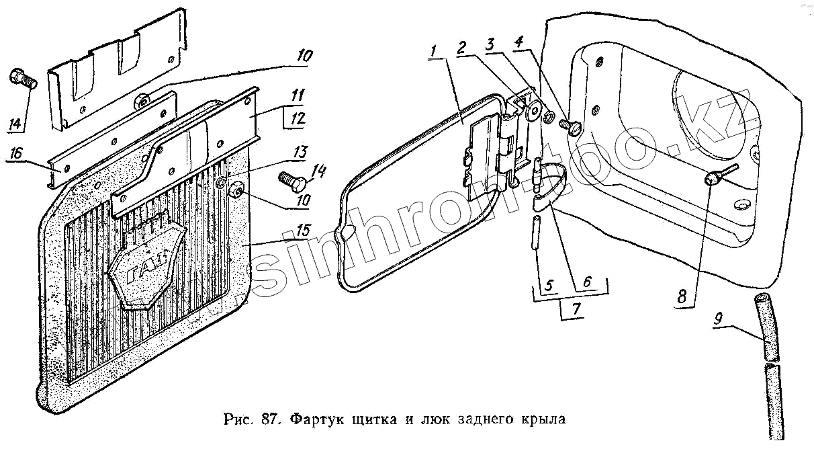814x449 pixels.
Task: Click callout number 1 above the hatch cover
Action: pos(435,50)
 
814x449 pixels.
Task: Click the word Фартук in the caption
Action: pos(317,420)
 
